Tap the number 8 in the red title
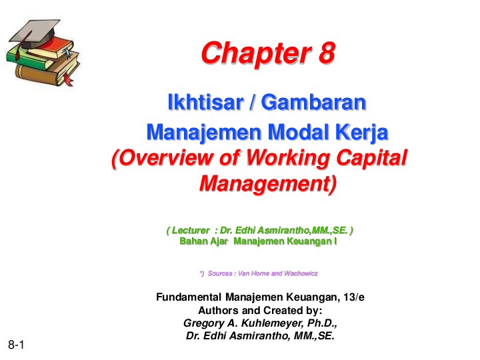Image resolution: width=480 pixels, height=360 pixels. (325, 53)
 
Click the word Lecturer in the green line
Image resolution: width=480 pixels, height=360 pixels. (191, 230)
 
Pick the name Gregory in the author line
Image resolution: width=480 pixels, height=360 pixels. (202, 324)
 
